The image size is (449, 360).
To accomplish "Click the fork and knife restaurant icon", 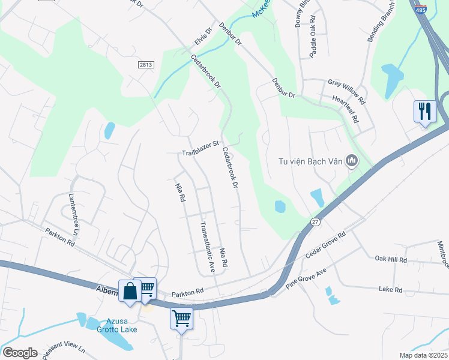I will pyautogui.click(x=424, y=111).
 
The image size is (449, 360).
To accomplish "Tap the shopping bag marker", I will pyautogui.click(x=130, y=292).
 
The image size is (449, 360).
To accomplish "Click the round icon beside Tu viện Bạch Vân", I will pyautogui.click(x=352, y=160).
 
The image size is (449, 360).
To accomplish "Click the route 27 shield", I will pyautogui.click(x=315, y=222).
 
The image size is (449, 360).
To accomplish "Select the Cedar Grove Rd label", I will pyautogui.click(x=325, y=245).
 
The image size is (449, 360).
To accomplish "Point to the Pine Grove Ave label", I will pyautogui.click(x=306, y=279).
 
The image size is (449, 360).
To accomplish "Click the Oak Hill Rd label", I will pyautogui.click(x=391, y=260).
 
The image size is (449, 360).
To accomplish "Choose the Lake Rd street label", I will pyautogui.click(x=390, y=289).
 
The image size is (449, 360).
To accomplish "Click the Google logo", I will pyautogui.click(x=19, y=353).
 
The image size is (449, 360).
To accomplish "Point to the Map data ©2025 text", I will pyautogui.click(x=423, y=355).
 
